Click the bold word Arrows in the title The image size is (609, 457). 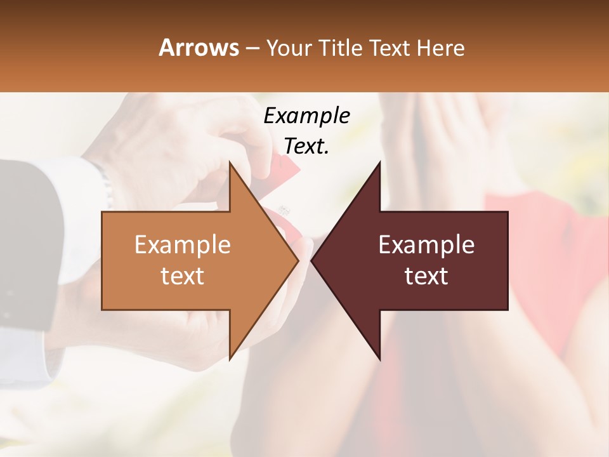pos(199,48)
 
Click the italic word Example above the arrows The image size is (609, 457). pos(306,116)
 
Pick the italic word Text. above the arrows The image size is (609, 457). pos(306,146)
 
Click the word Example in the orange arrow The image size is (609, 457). pos(182,244)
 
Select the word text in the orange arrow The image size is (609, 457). pos(182,275)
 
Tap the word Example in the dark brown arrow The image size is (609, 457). pos(426,244)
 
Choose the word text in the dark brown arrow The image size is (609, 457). pos(426,275)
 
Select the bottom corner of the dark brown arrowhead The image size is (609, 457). pos(380,360)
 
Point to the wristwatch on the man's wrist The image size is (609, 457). pos(105,181)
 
